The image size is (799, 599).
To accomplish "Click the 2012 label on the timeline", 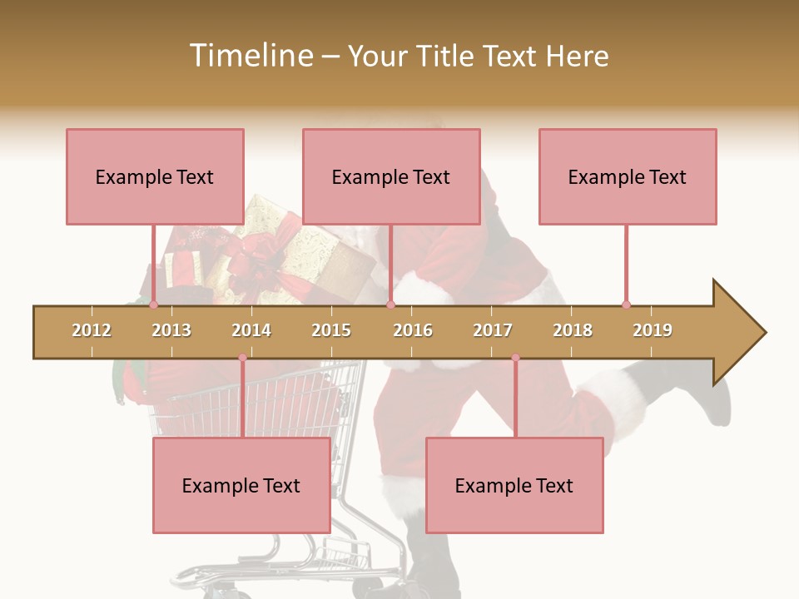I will [92, 330].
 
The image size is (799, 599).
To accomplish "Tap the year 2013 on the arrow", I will [171, 330].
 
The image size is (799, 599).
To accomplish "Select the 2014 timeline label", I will [251, 330].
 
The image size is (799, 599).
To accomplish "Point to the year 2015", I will [331, 330].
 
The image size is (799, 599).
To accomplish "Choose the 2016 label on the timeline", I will [413, 330].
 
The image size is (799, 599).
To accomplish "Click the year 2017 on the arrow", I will [493, 330].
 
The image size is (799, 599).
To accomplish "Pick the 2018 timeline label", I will [573, 330].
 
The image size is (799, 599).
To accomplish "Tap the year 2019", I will [653, 330].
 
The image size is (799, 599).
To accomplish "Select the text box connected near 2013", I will [155, 176].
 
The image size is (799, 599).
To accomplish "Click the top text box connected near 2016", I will [391, 176].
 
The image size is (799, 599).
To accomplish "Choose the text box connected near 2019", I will [628, 176].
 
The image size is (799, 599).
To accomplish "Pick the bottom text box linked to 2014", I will [241, 485].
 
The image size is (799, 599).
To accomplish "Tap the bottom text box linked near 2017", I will [514, 485].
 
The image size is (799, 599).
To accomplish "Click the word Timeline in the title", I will [250, 56].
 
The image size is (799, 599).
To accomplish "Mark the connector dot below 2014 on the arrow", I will [242, 358].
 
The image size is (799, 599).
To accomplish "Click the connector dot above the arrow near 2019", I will [626, 304].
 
